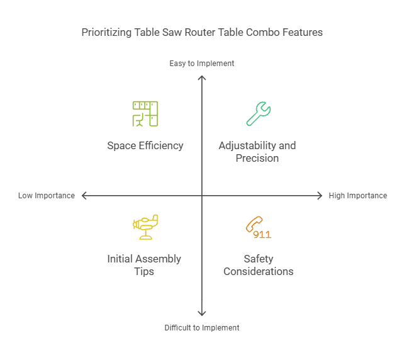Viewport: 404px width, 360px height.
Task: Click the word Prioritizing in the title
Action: coord(106,32)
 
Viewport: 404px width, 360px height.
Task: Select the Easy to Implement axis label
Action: coord(202,64)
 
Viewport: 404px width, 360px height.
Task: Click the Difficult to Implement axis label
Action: coord(202,328)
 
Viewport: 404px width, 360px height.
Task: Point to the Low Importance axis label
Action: coord(47,196)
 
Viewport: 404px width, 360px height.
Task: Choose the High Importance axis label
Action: coord(357,196)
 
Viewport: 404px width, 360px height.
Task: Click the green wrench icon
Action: coord(258,114)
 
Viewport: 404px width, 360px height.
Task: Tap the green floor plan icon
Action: coord(145,114)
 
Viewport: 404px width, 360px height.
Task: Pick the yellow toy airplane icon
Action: coord(145,227)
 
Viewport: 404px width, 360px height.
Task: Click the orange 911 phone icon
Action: coord(258,228)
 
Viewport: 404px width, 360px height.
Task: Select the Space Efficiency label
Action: coord(145,145)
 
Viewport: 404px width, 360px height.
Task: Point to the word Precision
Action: coord(257,158)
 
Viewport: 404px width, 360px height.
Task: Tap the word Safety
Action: coord(259,259)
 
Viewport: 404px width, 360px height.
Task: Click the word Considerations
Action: coord(259,271)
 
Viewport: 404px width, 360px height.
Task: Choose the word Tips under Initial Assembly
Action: coord(144,271)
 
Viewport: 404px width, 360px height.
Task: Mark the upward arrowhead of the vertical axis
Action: coord(202,78)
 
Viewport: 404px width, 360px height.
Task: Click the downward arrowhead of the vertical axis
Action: coord(202,313)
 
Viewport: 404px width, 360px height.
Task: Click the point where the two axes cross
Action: coord(202,196)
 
